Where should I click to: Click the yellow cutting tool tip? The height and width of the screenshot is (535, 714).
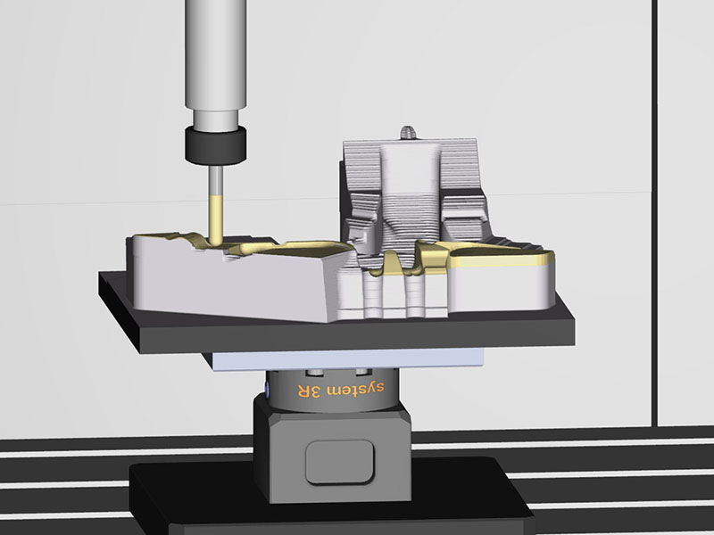click(x=215, y=240)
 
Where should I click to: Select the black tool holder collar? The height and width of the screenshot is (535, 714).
click(x=215, y=145)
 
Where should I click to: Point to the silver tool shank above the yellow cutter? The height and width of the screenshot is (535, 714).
click(x=216, y=181)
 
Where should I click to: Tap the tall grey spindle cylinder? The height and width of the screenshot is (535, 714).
click(x=216, y=53)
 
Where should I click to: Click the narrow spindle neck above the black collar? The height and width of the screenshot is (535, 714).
click(x=216, y=119)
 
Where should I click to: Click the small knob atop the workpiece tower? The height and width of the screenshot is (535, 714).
click(x=409, y=133)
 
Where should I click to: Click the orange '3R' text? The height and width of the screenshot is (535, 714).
click(x=310, y=391)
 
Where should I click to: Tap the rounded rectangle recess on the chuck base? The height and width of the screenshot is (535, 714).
click(x=340, y=462)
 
